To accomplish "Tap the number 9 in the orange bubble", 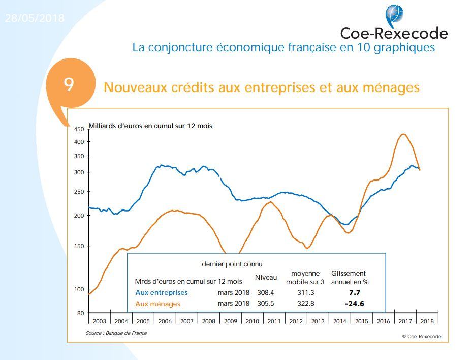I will [x=69, y=84].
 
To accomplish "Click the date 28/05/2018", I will [x=35, y=18].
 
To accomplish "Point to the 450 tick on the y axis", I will [x=79, y=129].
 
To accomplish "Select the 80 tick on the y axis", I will [x=80, y=313].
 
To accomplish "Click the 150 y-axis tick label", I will [x=79, y=246].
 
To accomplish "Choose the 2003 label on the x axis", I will [x=100, y=321].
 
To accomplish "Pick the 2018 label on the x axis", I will [x=427, y=321].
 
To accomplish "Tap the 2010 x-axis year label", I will [x=253, y=321].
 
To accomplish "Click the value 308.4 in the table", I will [x=266, y=292].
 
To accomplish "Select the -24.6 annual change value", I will [x=354, y=304].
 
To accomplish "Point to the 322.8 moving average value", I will [x=305, y=304].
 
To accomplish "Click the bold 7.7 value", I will [x=354, y=292].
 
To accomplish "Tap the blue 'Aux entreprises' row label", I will [x=162, y=292].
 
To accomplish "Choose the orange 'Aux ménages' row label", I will [x=158, y=304].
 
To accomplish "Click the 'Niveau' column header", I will [x=266, y=277].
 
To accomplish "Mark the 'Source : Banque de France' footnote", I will [x=116, y=333].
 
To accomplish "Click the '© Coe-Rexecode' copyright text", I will [x=421, y=336].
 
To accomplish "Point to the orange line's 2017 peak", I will [x=403, y=134].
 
